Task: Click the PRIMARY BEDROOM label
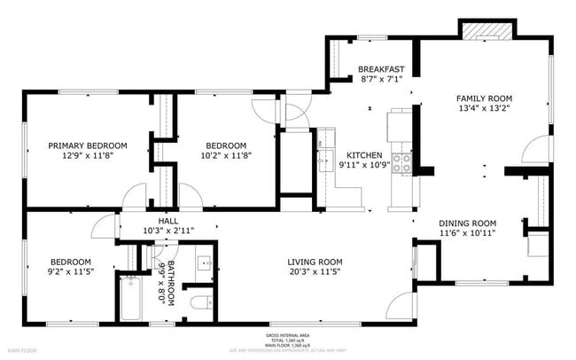tap(87, 145)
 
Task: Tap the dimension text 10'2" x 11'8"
tap(226, 156)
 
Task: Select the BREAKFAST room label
tap(380, 68)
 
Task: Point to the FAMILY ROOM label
tap(484, 98)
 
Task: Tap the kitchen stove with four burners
tap(401, 161)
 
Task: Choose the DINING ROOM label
tap(467, 223)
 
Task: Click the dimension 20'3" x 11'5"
tap(314, 271)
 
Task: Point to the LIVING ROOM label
tap(314, 261)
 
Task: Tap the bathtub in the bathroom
tap(128, 298)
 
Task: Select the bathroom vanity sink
tap(203, 262)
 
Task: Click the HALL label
tap(168, 221)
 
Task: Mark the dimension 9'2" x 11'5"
tap(70, 271)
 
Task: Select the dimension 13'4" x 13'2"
tap(484, 109)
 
